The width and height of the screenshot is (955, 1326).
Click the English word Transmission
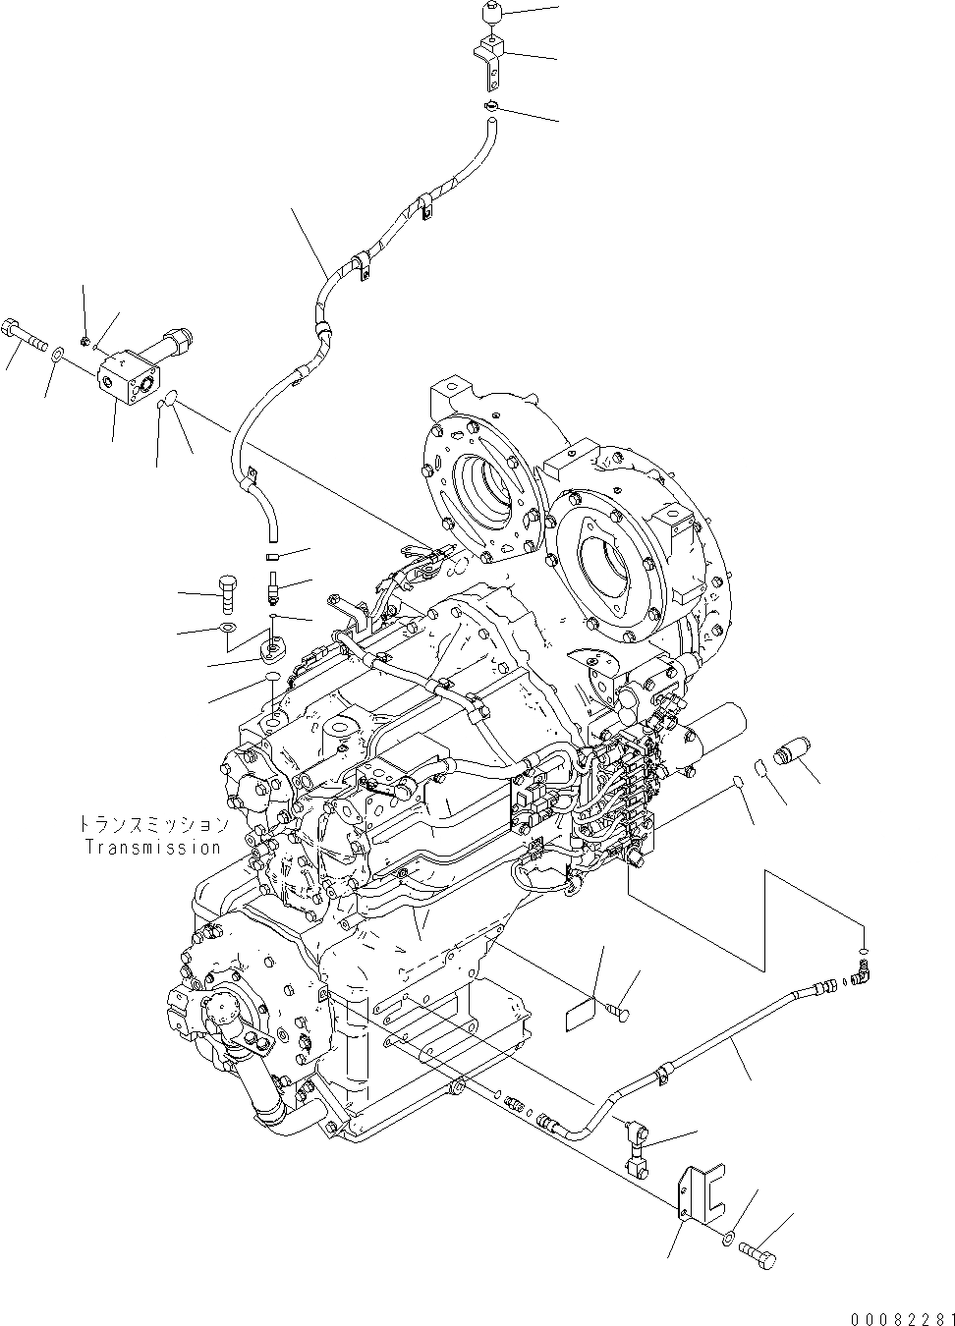point(152,847)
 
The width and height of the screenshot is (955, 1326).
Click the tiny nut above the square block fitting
point(86,340)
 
